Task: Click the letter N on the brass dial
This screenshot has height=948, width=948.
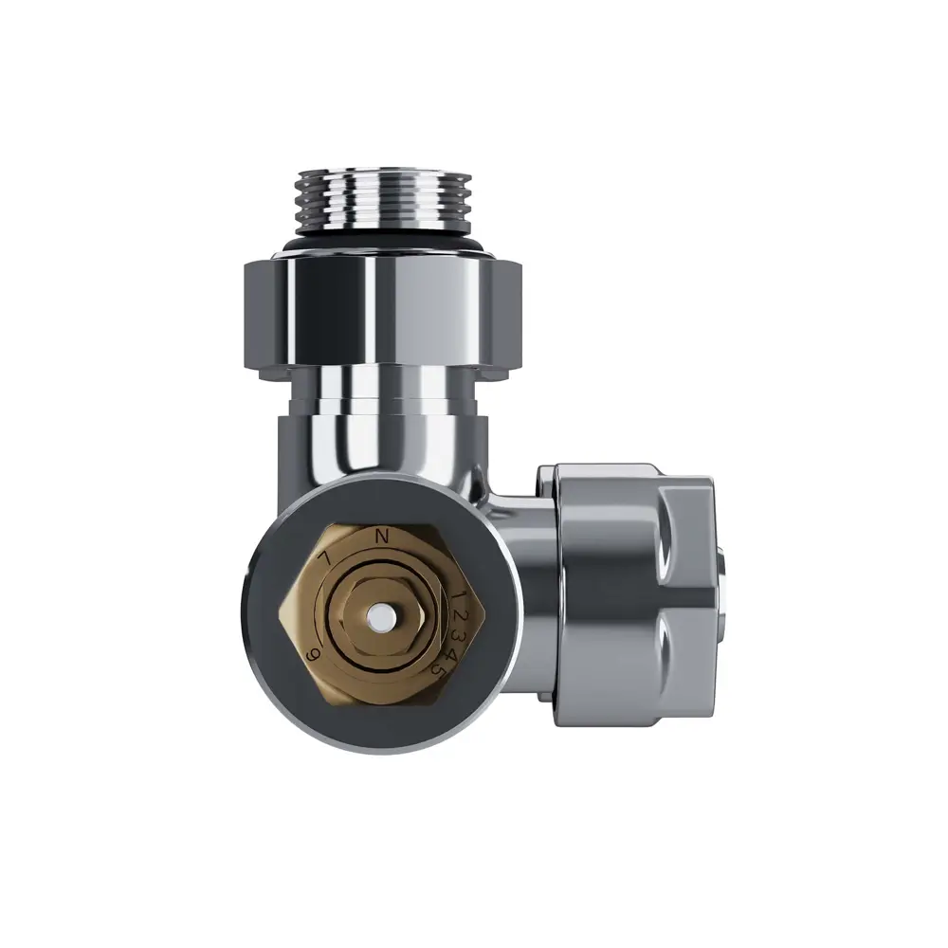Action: pos(383,537)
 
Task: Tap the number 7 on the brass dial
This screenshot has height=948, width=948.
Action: pos(326,559)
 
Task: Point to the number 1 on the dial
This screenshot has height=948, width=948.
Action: pos(459,595)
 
